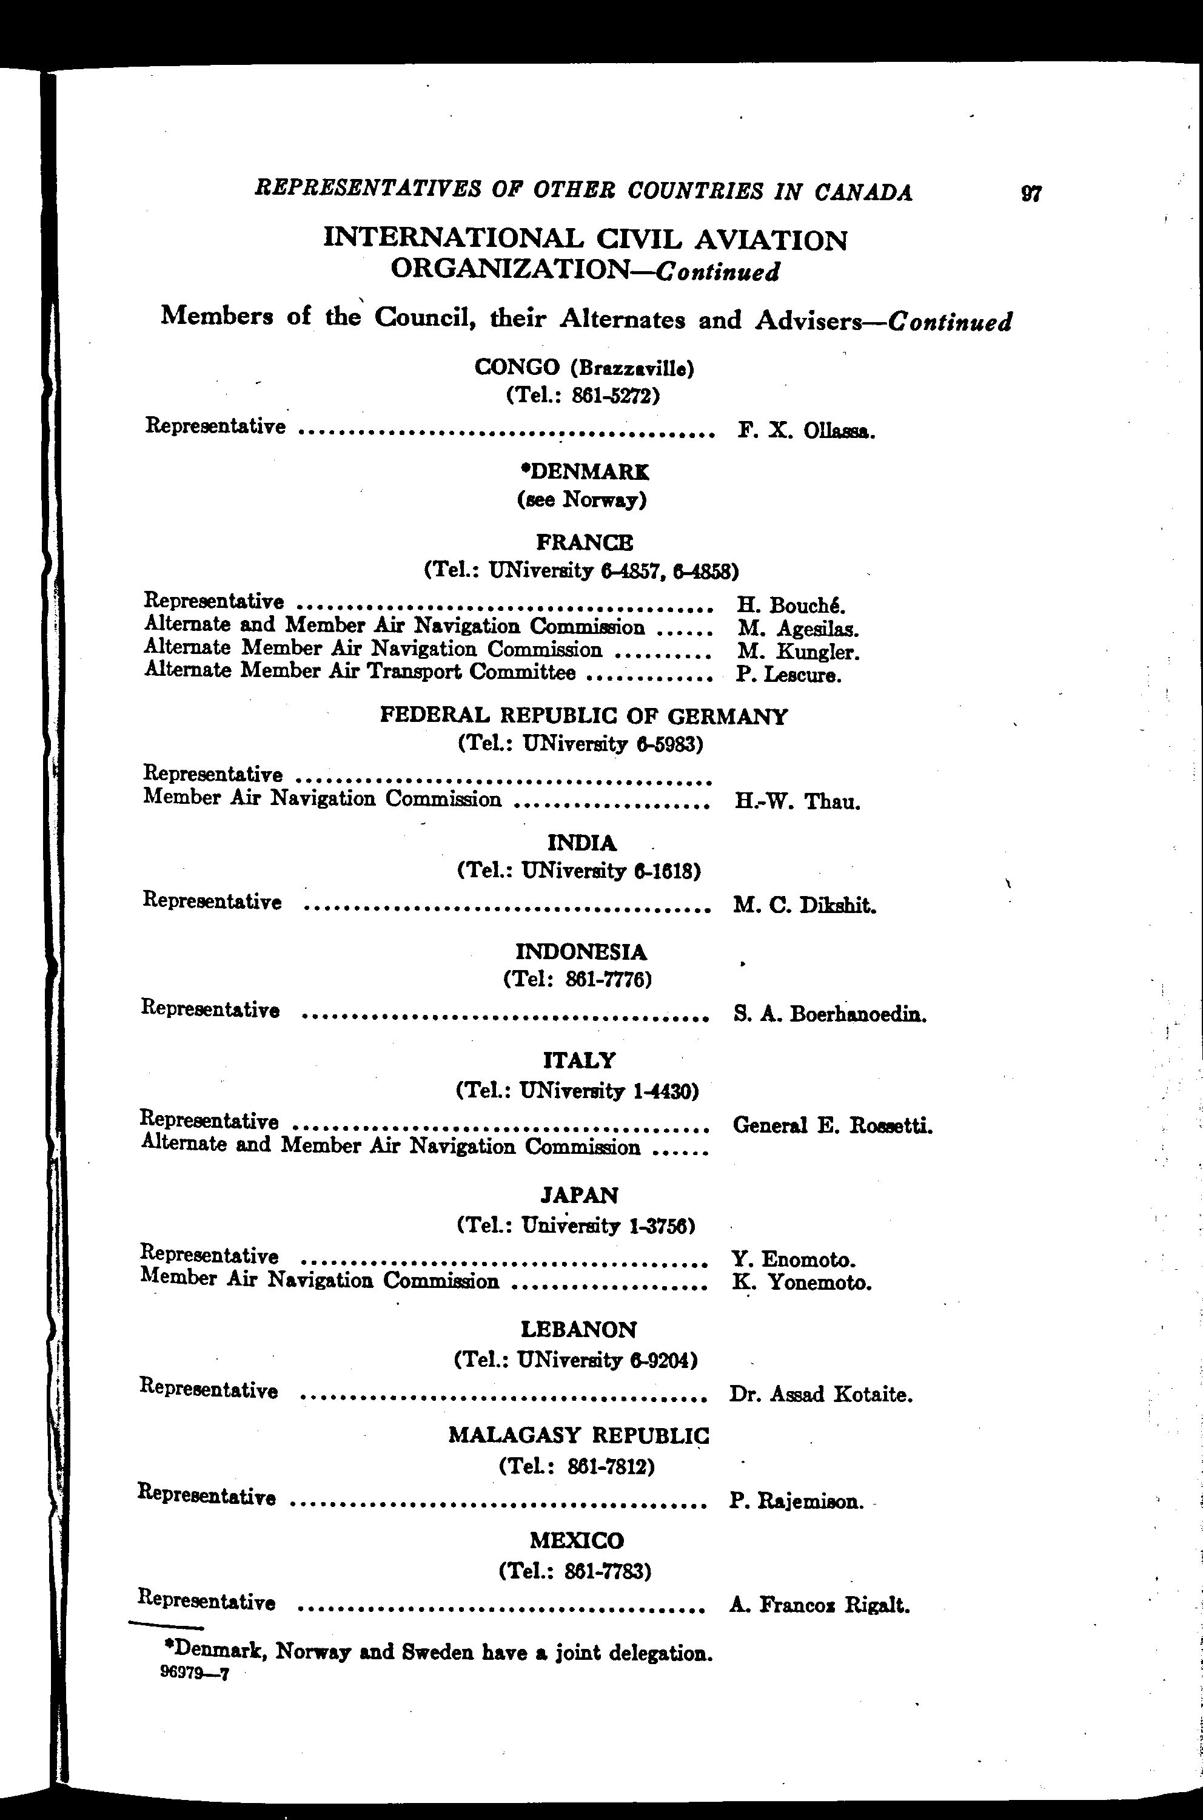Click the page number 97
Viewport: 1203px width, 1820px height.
point(1031,193)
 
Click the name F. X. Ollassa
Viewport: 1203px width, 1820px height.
point(806,431)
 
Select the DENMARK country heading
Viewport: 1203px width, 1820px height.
point(584,471)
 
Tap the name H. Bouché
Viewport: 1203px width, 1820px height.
point(791,605)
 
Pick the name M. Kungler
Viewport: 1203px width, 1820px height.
point(798,652)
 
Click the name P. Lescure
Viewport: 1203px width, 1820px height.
point(789,675)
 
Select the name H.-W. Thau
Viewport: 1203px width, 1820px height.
point(796,802)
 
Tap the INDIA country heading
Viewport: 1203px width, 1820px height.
point(581,844)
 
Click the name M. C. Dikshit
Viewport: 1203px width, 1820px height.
point(804,906)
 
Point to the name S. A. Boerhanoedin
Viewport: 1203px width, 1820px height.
point(829,1015)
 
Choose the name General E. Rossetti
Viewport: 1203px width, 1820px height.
point(833,1126)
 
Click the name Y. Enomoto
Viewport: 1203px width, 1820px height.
point(793,1259)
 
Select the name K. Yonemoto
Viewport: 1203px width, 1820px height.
point(802,1282)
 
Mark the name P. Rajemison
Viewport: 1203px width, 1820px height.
point(796,1501)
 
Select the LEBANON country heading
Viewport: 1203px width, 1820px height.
point(578,1329)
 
